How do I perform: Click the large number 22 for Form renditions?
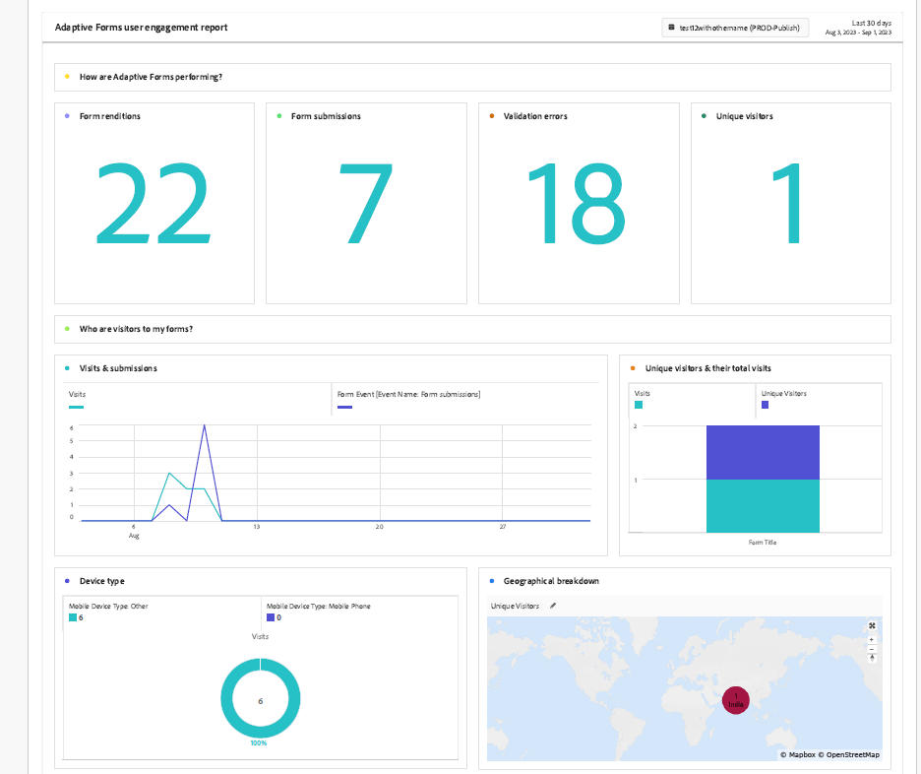(x=153, y=204)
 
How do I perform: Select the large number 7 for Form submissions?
(x=366, y=204)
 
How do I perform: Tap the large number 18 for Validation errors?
(x=577, y=204)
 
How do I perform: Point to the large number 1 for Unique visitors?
(x=787, y=204)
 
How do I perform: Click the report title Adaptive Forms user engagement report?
(x=142, y=28)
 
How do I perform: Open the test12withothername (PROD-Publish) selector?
(x=735, y=29)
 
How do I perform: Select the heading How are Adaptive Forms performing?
(x=151, y=77)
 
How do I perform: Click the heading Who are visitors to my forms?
(x=136, y=329)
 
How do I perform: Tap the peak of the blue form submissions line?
(x=204, y=426)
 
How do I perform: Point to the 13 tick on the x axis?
(x=256, y=528)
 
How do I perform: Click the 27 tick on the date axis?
(x=502, y=528)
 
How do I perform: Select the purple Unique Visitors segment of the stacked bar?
(x=763, y=452)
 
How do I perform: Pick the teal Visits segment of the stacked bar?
(x=763, y=505)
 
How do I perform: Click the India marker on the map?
(x=735, y=700)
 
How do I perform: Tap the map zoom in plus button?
(x=872, y=640)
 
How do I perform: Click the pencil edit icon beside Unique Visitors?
(x=553, y=606)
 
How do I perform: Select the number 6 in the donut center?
(x=260, y=701)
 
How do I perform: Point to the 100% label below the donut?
(x=260, y=742)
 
